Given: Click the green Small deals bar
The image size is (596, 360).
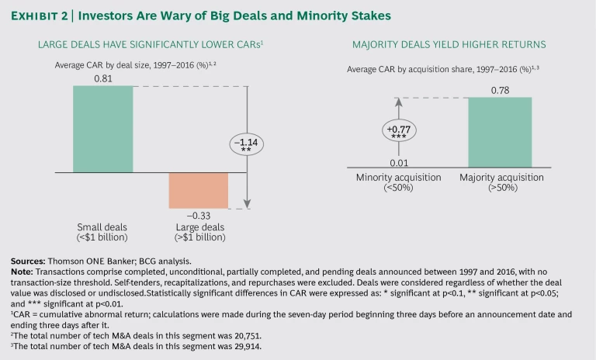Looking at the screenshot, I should click(102, 129).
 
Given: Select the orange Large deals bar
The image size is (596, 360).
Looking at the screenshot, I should click(199, 189).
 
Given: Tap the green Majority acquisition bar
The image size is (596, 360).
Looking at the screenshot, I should click(500, 132).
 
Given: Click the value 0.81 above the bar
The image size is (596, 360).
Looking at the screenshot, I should click(102, 78).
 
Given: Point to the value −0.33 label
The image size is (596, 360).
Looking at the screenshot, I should click(199, 215).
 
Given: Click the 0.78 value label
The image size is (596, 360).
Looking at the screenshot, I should click(501, 89).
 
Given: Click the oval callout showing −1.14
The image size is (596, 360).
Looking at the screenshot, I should click(247, 145).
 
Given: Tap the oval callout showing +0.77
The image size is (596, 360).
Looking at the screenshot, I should click(399, 130).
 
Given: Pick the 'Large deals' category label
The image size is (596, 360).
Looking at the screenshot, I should click(199, 230).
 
